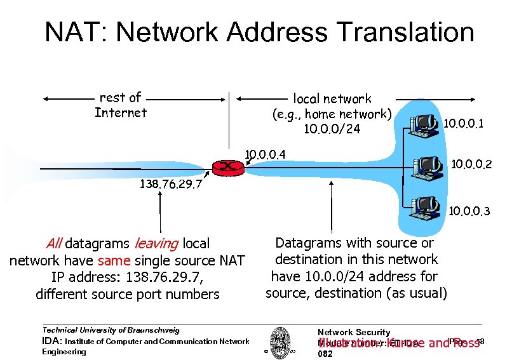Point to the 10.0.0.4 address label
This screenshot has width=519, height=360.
click(x=266, y=154)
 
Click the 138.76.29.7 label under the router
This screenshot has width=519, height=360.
click(x=170, y=185)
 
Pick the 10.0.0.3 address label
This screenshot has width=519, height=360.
click(x=469, y=211)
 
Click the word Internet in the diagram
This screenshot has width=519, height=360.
click(x=120, y=113)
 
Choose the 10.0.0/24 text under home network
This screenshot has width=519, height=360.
click(x=332, y=129)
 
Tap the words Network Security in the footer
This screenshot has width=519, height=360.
click(x=353, y=332)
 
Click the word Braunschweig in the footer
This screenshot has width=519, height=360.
click(x=151, y=330)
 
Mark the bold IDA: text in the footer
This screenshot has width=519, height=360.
click(x=52, y=342)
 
